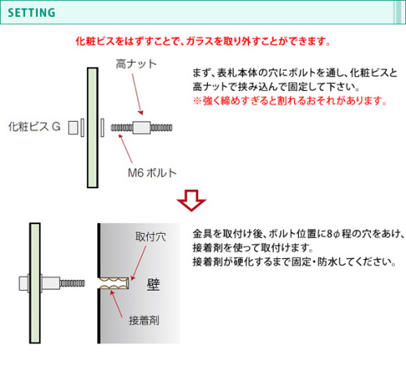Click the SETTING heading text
pyautogui.click(x=32, y=13)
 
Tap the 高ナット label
pyautogui.click(x=136, y=64)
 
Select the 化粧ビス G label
pyautogui.click(x=34, y=127)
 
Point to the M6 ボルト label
pyautogui.click(x=152, y=173)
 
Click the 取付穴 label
pyautogui.click(x=151, y=237)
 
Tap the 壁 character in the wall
pyautogui.click(x=153, y=284)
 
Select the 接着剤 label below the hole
pyautogui.click(x=144, y=321)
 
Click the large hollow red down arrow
pyautogui.click(x=192, y=201)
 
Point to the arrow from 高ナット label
pyautogui.click(x=137, y=94)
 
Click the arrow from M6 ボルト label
pyautogui.click(x=126, y=149)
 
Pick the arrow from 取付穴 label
pyautogui.click(x=138, y=263)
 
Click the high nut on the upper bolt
pyautogui.click(x=141, y=127)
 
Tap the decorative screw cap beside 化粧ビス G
pyautogui.click(x=73, y=127)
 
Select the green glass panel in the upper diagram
pyautogui.click(x=93, y=127)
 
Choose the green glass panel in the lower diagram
pyautogui.click(x=35, y=283)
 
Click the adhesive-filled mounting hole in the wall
pyautogui.click(x=114, y=283)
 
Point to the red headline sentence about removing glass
pyautogui.click(x=203, y=41)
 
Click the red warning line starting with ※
pyautogui.click(x=290, y=101)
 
